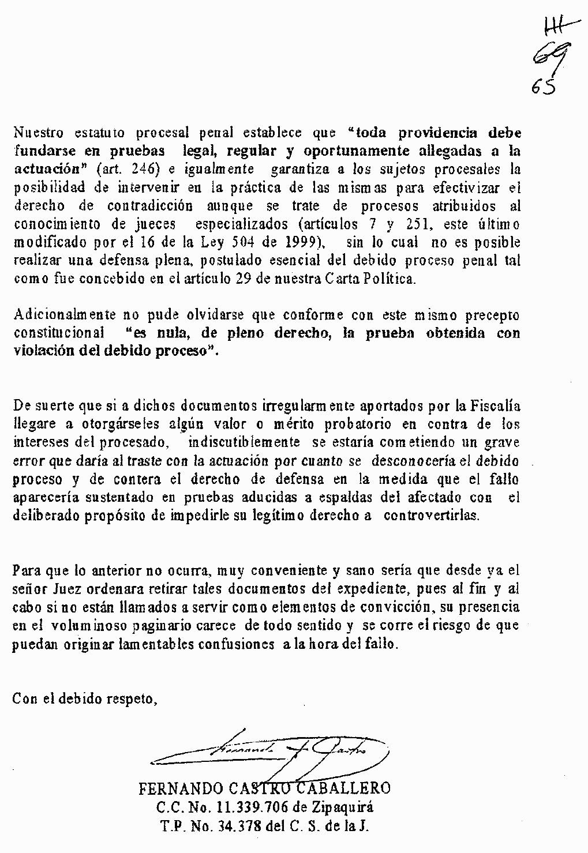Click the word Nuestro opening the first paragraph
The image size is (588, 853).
pyautogui.click(x=38, y=133)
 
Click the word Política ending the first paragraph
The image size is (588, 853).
pyautogui.click(x=393, y=279)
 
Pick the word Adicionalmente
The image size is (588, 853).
pyautogui.click(x=64, y=315)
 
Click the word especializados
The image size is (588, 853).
pyautogui.click(x=239, y=224)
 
